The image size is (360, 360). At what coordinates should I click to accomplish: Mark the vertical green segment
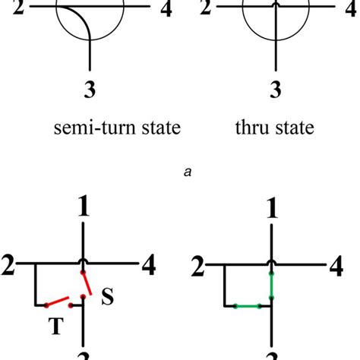[272, 289]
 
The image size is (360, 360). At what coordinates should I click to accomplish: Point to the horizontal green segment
[247, 307]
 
